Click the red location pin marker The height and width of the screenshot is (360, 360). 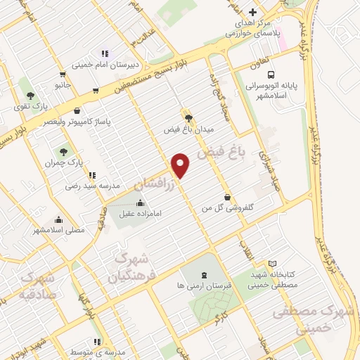[x=181, y=164]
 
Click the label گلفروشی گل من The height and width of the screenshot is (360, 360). [x=226, y=208]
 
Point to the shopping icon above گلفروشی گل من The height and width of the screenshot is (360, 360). [x=226, y=197]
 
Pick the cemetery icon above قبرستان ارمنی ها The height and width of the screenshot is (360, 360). [x=204, y=275]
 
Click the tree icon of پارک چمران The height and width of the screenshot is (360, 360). [x=64, y=150]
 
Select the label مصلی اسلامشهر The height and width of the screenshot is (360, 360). [x=58, y=230]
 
